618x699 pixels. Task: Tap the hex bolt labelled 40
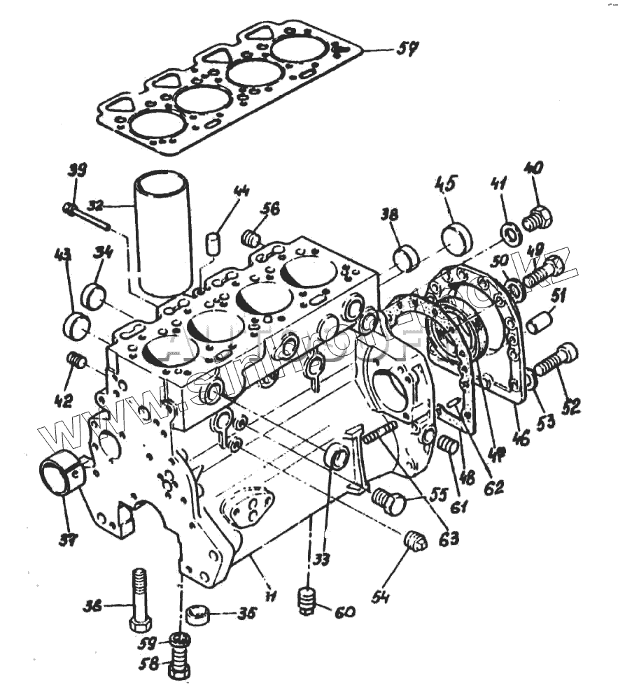pos(537,217)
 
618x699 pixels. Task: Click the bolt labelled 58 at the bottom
pos(180,664)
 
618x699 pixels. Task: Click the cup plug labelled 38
pos(406,257)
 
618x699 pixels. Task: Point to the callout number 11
pos(269,594)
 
